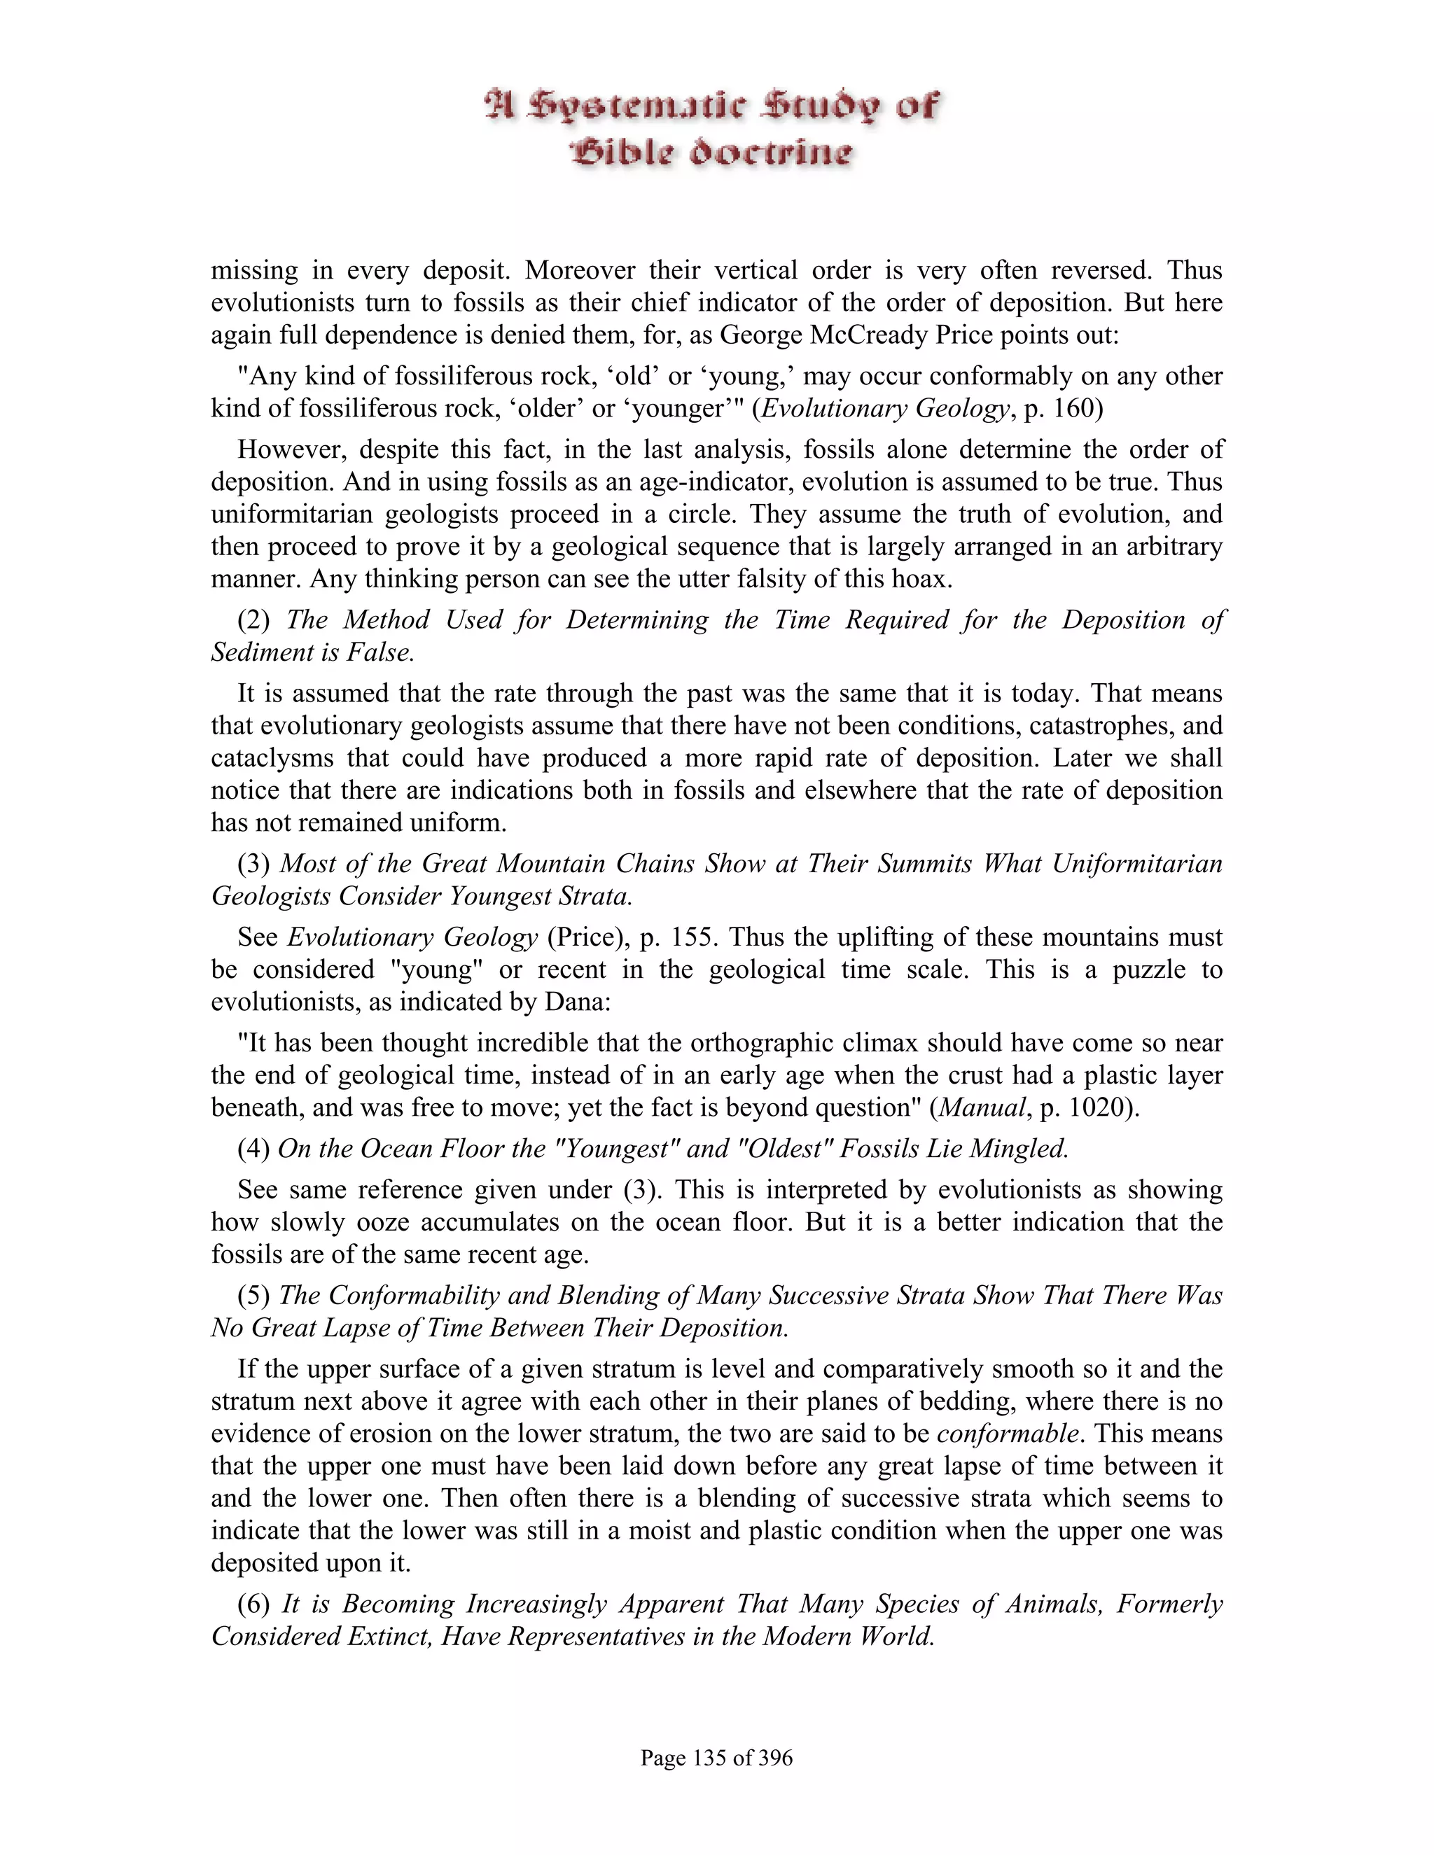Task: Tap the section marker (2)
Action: click(x=253, y=620)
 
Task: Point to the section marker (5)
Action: click(x=253, y=1296)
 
